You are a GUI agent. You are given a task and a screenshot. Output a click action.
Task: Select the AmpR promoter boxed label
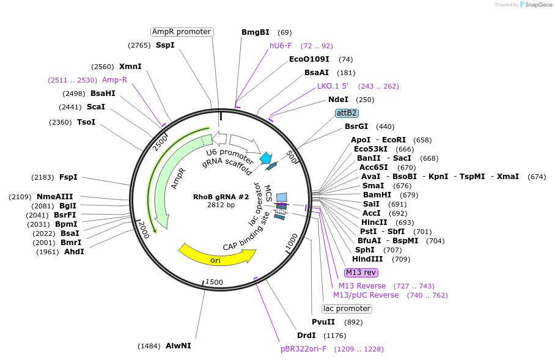pos(182,32)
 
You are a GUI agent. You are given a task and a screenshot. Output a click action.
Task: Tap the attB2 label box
pos(347,113)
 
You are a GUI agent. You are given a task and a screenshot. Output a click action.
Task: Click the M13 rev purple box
pos(361,273)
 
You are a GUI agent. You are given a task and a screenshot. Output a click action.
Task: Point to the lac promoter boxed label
pos(346,309)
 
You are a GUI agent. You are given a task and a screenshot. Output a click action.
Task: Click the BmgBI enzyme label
pos(255,32)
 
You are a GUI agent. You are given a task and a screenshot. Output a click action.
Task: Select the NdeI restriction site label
pos(338,100)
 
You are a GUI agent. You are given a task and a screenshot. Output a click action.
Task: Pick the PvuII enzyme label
pos(323,322)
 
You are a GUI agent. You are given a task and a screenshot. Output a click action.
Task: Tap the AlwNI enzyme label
pos(178,346)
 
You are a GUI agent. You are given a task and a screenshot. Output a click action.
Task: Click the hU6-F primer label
pos(281,46)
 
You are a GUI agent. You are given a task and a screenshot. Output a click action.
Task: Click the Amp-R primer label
pos(114,80)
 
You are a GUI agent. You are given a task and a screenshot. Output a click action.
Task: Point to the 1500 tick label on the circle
pos(214,282)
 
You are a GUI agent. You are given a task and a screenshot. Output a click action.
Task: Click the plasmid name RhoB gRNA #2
pos(221,197)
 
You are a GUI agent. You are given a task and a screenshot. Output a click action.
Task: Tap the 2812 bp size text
pos(221,205)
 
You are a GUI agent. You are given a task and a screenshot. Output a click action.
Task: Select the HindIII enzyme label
pos(368,259)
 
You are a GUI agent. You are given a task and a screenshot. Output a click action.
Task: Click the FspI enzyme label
pos(68,177)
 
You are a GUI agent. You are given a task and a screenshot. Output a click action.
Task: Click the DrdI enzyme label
pos(306,336)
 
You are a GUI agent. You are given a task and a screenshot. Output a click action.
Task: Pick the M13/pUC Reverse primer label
pos(366,295)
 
